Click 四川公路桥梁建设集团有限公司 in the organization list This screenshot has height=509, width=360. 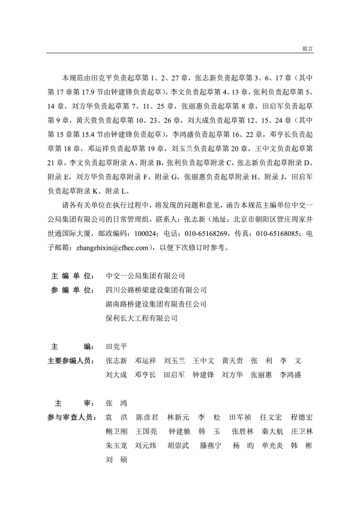tap(155, 290)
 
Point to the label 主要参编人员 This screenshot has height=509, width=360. tap(70, 361)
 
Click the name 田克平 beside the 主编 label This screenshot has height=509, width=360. tap(116, 347)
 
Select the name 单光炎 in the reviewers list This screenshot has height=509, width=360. tap(265, 446)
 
